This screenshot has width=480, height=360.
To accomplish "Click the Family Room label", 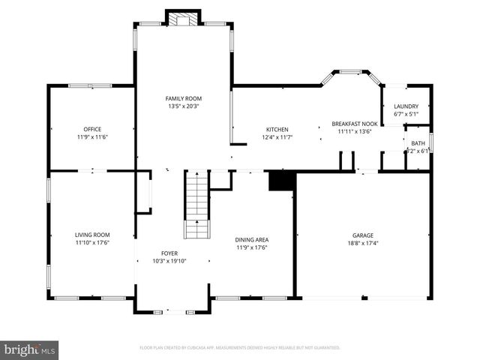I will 184,98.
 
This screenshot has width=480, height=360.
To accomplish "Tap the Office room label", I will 93,129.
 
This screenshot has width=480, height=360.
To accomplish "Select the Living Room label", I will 93,234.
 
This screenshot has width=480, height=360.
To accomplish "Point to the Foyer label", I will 169,253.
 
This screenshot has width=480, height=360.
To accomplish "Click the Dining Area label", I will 251,239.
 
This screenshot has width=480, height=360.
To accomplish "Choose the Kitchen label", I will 277,129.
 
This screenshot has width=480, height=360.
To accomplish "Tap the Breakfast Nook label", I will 355,124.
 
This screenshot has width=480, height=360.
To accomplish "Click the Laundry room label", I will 406,106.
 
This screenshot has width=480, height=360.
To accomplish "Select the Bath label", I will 418,143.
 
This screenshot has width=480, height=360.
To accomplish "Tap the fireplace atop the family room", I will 183,19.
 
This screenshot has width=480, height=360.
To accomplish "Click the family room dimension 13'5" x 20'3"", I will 184,106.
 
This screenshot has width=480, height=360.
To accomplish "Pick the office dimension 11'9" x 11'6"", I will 93,137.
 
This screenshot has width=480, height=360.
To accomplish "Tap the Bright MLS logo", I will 30,349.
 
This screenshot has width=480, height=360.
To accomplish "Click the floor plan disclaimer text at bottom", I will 240,348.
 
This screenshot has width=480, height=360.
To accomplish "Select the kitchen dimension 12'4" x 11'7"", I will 277,137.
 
